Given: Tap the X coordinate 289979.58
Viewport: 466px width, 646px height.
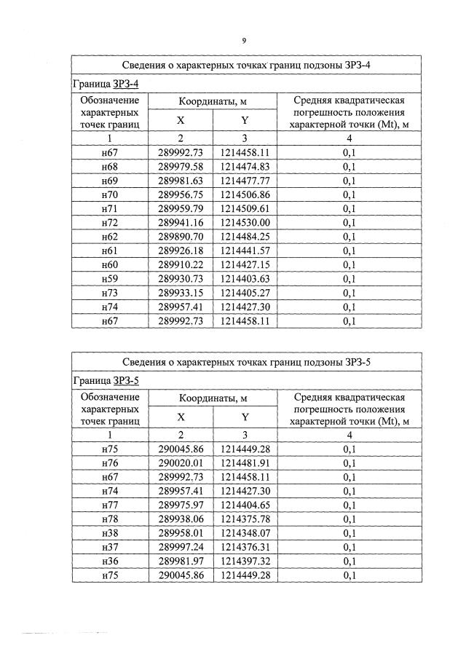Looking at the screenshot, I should point(180,167).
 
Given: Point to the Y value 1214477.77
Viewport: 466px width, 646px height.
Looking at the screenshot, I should point(245,181).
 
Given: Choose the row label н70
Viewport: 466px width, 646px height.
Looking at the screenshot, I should point(110,194).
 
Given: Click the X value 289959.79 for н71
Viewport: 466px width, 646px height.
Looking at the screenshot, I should point(180,208).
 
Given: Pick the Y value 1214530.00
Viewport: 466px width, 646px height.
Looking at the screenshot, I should point(245,223).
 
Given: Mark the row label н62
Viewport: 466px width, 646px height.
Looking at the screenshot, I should point(110,237).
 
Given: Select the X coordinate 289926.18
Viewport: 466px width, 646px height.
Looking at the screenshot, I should point(180,251).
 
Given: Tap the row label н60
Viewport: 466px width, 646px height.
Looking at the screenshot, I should point(110,264).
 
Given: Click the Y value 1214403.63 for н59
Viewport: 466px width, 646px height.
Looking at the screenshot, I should point(245,279).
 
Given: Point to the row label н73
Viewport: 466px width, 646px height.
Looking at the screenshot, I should point(110,293).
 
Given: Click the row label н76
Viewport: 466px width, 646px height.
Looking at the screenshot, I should point(110,463).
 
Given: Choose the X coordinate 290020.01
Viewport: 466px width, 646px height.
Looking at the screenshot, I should point(180,463).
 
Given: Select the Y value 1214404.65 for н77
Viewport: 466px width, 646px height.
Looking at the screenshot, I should point(245,505).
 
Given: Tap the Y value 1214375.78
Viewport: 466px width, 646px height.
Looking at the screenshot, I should point(245,519).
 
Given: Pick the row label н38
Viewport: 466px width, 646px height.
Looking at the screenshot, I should point(110,533).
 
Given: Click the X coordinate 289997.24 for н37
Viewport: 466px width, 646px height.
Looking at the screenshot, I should point(180,548).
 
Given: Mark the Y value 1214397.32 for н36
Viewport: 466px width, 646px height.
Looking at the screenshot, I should point(245,562).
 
